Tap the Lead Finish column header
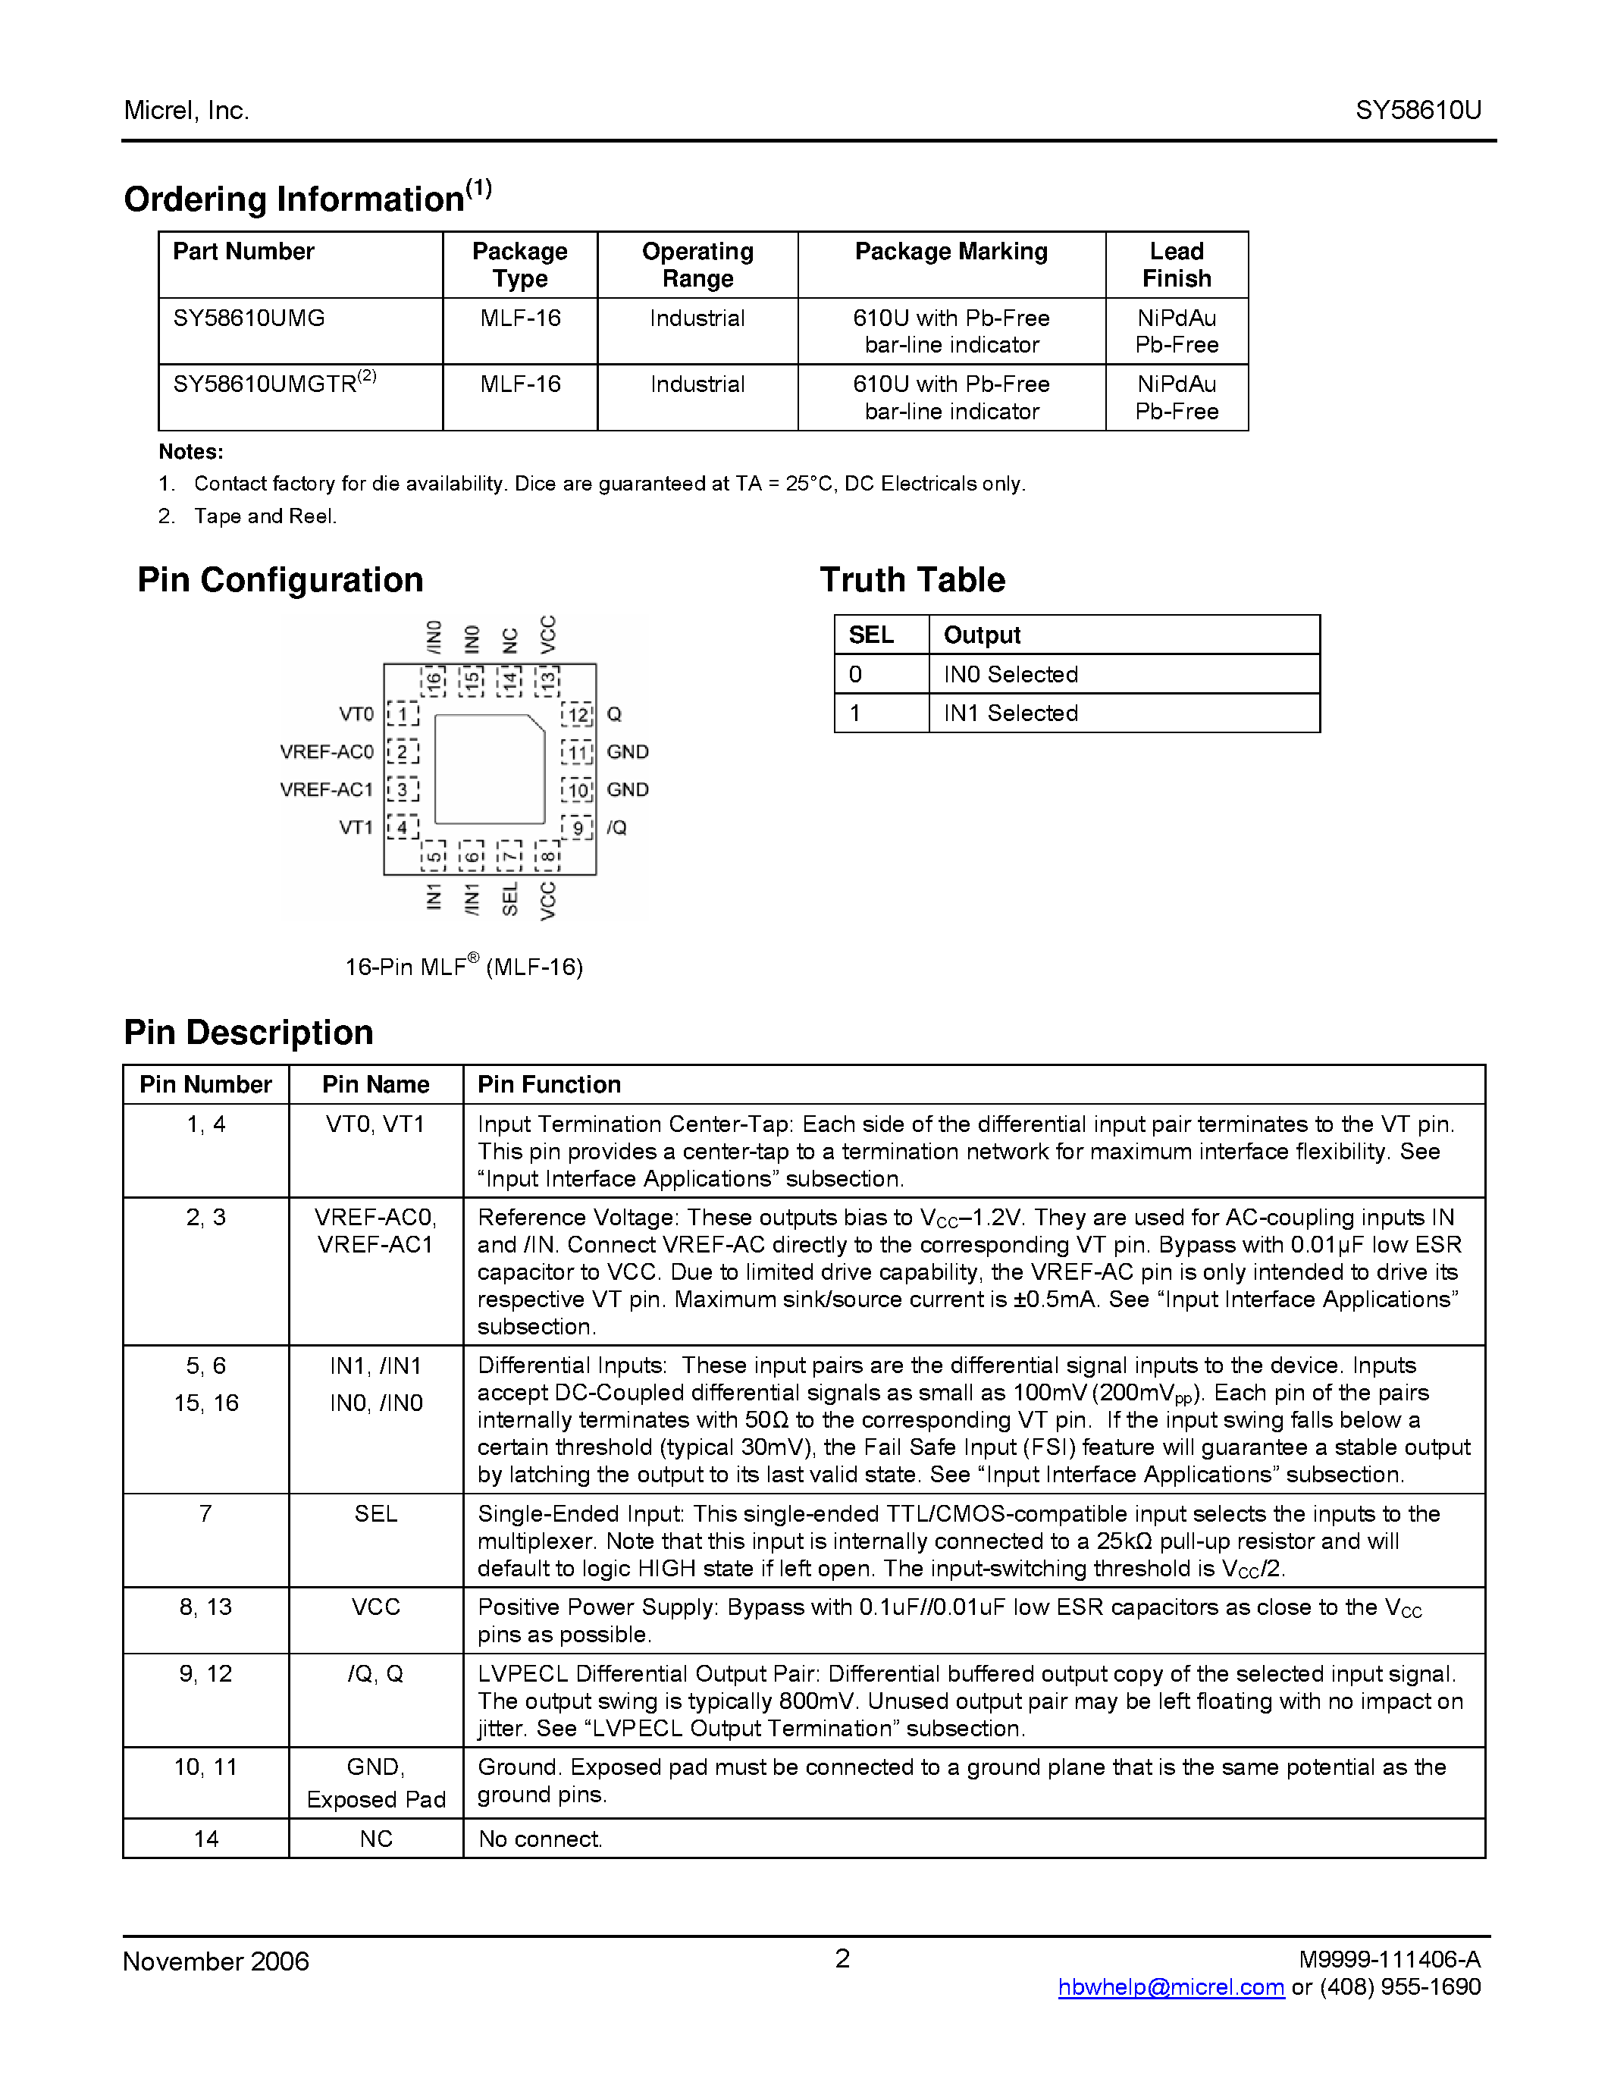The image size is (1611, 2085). (1176, 265)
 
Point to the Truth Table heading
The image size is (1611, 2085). (911, 579)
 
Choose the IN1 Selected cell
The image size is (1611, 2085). (1011, 713)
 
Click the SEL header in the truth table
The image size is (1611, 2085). (870, 635)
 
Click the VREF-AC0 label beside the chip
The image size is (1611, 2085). (327, 751)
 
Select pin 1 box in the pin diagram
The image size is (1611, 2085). (403, 714)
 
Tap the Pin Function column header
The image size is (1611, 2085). (549, 1084)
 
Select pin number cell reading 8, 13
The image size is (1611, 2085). (205, 1607)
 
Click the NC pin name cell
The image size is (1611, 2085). (376, 1839)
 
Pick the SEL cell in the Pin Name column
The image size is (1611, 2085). (376, 1513)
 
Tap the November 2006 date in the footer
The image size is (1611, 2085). (216, 1961)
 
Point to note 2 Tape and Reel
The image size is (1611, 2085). (265, 516)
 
